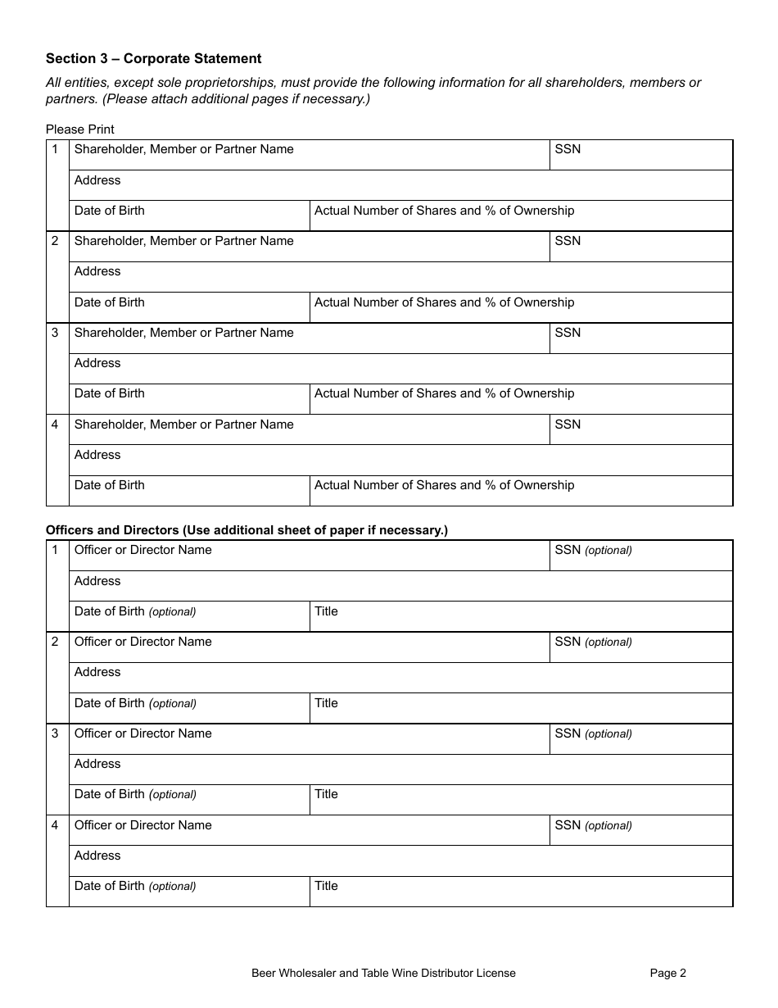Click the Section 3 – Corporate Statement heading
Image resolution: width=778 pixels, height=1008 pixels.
click(x=154, y=58)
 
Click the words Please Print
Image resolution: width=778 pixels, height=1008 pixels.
click(x=80, y=129)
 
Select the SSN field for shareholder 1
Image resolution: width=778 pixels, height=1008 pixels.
click(x=640, y=155)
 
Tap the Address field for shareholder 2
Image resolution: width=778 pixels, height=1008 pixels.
click(x=400, y=277)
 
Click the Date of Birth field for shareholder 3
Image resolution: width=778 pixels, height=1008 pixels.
click(x=189, y=399)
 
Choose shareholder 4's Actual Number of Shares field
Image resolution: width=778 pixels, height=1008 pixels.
click(x=521, y=491)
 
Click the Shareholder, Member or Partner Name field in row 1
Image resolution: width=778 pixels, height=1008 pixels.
click(x=309, y=155)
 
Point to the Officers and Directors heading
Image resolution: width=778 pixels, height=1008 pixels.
click(x=247, y=530)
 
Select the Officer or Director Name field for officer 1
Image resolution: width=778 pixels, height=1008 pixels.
click(x=309, y=556)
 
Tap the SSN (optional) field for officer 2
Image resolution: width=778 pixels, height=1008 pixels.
click(x=640, y=647)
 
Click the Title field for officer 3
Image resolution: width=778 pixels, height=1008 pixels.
click(x=521, y=800)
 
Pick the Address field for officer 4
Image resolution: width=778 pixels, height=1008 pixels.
click(x=400, y=861)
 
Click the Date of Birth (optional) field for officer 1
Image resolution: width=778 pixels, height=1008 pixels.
click(x=189, y=617)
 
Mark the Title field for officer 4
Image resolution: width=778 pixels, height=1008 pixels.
click(x=521, y=892)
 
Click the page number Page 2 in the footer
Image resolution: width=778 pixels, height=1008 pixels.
click(x=667, y=974)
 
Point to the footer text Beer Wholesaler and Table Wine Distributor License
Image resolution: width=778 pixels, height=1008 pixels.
click(x=383, y=974)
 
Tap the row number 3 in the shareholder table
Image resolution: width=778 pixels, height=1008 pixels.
click(x=56, y=333)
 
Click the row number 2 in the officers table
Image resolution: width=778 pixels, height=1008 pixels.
click(x=56, y=642)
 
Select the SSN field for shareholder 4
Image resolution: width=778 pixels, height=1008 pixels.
click(x=640, y=429)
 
